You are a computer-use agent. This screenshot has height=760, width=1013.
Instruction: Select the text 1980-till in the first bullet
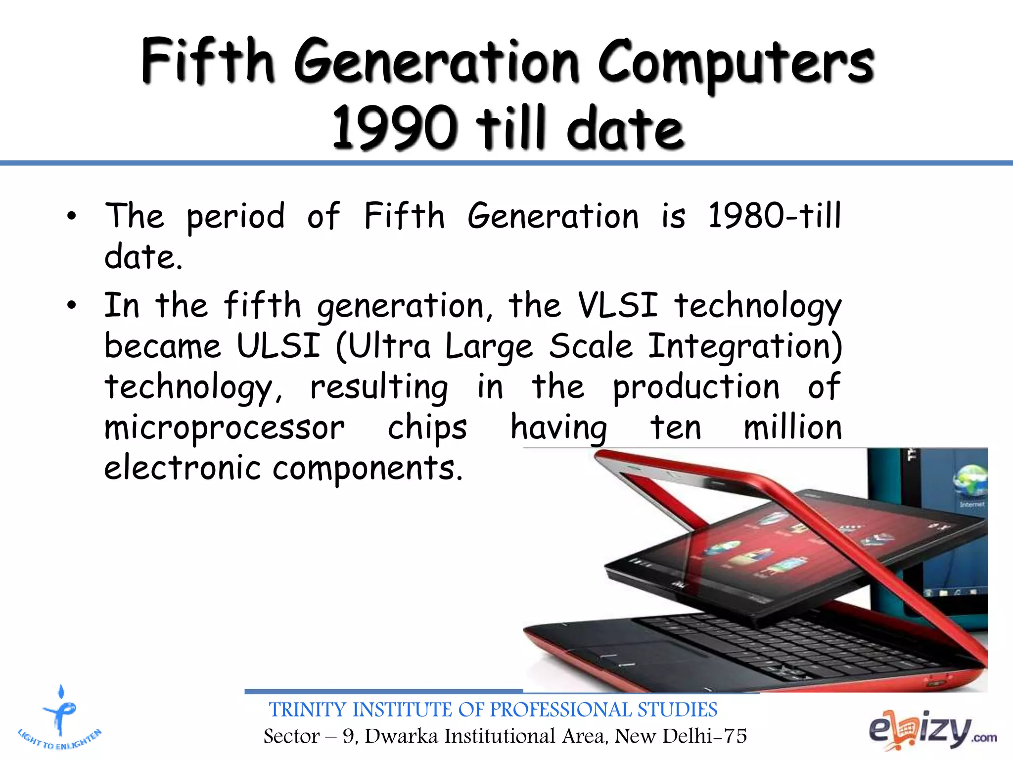tap(774, 216)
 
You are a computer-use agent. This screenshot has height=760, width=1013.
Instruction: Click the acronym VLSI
tap(618, 305)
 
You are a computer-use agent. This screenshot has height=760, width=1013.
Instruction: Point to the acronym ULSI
tap(278, 345)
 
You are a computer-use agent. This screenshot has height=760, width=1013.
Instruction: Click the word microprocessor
tap(224, 427)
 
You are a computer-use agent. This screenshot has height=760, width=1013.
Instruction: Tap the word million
tap(792, 427)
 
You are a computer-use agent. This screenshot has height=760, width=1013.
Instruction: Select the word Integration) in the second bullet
tap(745, 345)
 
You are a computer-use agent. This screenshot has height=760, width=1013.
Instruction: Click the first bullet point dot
tap(72, 216)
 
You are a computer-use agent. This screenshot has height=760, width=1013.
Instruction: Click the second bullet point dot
tap(72, 305)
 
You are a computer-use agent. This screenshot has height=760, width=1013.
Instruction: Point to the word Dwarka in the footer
tap(401, 736)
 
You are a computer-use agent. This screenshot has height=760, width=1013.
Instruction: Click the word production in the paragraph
tap(696, 386)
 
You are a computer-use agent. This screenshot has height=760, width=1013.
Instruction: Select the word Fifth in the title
tap(208, 62)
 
